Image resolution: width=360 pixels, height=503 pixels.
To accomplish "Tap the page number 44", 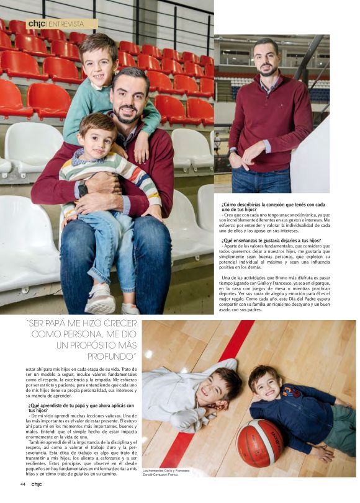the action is tap(22, 484).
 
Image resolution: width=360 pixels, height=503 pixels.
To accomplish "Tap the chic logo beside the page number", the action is tap(37, 484).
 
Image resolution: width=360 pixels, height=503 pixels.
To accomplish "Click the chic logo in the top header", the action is tap(36, 24).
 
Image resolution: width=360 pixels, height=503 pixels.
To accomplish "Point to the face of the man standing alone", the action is tap(266, 58).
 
